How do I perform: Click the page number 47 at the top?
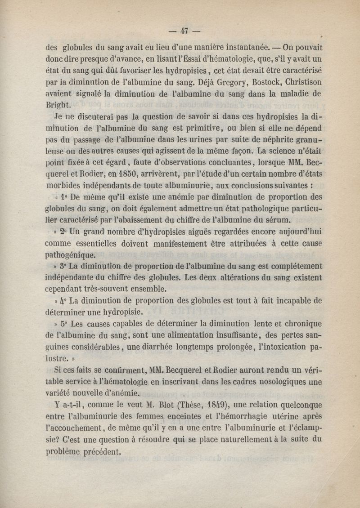click(184, 31)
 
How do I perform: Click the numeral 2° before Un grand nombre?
click(63, 232)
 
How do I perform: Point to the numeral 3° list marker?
click(63, 267)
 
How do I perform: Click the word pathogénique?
click(70, 254)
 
